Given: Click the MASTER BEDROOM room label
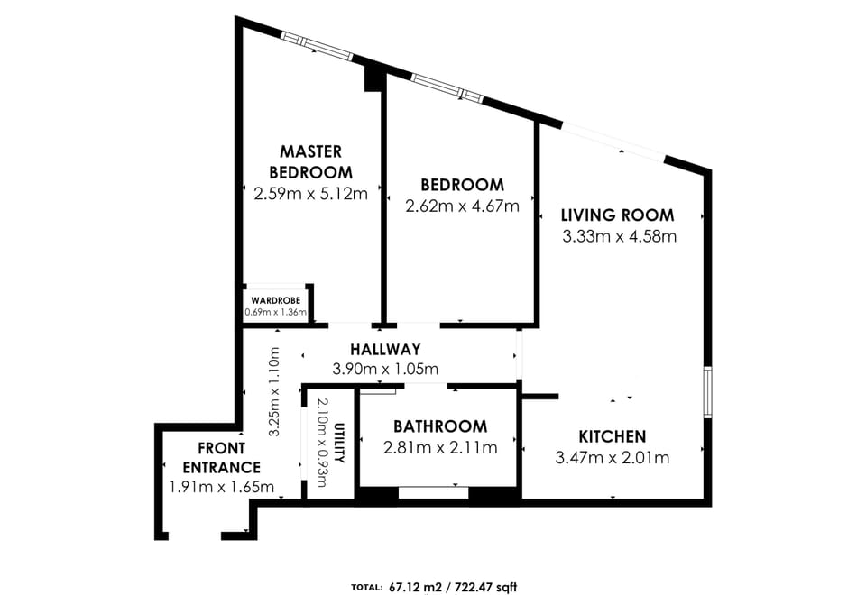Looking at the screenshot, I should coord(310,161).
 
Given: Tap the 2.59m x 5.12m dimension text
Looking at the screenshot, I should coord(310,193).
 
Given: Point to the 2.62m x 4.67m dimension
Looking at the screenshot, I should coord(462,206).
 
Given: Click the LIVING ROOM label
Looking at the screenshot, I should coord(617,215).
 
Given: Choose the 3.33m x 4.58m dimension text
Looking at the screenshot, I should coord(619,237).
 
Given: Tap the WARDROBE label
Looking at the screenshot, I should coord(276,300).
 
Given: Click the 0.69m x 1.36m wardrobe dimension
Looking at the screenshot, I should coord(276,313).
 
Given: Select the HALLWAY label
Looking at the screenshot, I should coord(385,349).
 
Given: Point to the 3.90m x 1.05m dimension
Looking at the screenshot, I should coord(385,369).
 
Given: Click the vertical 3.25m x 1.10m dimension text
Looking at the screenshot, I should coord(276,392).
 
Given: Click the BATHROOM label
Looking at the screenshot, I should coord(439,426).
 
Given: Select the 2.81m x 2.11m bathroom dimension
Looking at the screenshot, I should coord(439,447).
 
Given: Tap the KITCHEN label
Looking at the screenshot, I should coord(612,436).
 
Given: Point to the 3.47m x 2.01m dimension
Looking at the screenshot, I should coord(613,457).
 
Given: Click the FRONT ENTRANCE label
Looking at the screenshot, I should coord(221,458).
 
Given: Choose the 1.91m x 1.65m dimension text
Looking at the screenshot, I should coord(221,487).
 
